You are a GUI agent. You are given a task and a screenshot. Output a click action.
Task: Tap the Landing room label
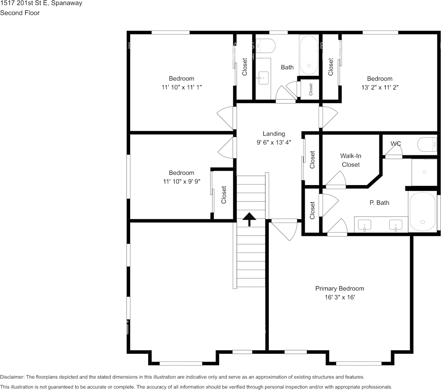[274, 134]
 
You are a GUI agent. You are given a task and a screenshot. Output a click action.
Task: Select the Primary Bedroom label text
[339, 288]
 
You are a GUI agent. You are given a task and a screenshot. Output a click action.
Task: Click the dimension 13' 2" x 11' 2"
[380, 87]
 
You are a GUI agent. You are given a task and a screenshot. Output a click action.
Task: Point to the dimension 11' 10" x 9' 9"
[181, 181]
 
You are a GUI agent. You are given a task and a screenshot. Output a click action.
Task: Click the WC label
[396, 144]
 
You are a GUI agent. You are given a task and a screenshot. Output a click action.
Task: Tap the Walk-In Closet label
[351, 160]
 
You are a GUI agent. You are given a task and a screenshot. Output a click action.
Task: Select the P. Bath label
[379, 203]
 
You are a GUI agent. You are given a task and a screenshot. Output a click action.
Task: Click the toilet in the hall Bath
[266, 45]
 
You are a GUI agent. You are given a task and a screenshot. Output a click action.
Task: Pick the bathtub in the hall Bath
[309, 55]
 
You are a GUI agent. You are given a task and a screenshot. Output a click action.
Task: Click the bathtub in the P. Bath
[422, 212]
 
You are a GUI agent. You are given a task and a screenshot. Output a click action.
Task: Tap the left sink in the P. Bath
[365, 226]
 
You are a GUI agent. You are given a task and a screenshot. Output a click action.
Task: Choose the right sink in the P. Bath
[396, 226]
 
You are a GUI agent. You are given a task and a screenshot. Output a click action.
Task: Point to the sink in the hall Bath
[263, 78]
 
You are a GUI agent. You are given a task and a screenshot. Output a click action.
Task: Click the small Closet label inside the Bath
[311, 89]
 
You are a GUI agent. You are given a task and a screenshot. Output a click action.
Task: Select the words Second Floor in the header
[20, 13]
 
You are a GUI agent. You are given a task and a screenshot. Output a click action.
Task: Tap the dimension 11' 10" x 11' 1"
[181, 87]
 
